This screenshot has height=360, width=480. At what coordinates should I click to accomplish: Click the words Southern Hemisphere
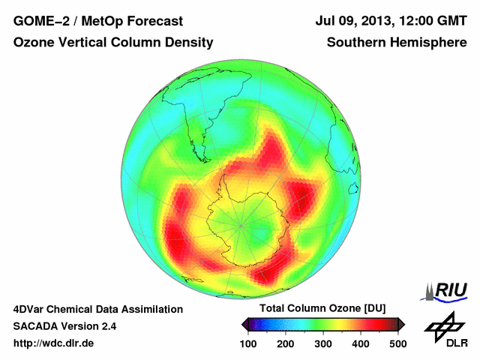397,43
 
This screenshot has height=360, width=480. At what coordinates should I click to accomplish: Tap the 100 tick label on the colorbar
249,343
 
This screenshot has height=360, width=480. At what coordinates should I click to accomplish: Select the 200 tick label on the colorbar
286,343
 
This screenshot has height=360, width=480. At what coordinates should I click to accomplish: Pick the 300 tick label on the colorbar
323,343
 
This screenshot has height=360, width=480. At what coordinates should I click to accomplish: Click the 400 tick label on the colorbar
360,343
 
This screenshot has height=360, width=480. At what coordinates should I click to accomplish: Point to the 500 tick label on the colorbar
397,343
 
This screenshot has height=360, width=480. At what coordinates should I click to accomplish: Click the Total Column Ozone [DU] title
322,309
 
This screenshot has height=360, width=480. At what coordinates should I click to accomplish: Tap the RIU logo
447,290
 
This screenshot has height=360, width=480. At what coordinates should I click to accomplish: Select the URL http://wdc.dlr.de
53,343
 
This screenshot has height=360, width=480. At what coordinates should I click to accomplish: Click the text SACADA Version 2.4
64,326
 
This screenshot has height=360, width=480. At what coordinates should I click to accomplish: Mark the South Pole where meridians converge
241,223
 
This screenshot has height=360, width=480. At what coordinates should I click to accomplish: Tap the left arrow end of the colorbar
245,324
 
